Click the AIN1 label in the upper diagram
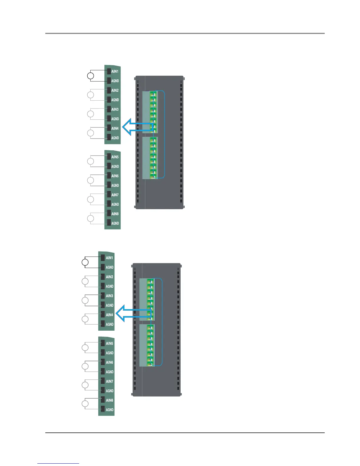(115, 71)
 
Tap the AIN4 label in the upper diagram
(115, 128)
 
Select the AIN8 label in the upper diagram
(115, 214)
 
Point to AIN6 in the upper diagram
(115, 176)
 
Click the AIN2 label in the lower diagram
(109, 277)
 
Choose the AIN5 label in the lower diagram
(109, 343)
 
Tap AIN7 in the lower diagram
(109, 381)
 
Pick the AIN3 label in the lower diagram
(109, 296)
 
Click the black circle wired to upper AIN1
(91, 76)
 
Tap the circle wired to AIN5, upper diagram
(91, 161)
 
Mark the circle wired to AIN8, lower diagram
(85, 404)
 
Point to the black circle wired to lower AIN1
(85, 262)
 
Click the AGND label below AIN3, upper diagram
(115, 119)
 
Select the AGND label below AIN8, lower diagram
(109, 410)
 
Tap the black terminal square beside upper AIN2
(109, 90)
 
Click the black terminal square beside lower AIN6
(103, 362)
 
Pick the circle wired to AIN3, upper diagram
(91, 114)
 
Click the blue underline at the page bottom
(58, 463)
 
